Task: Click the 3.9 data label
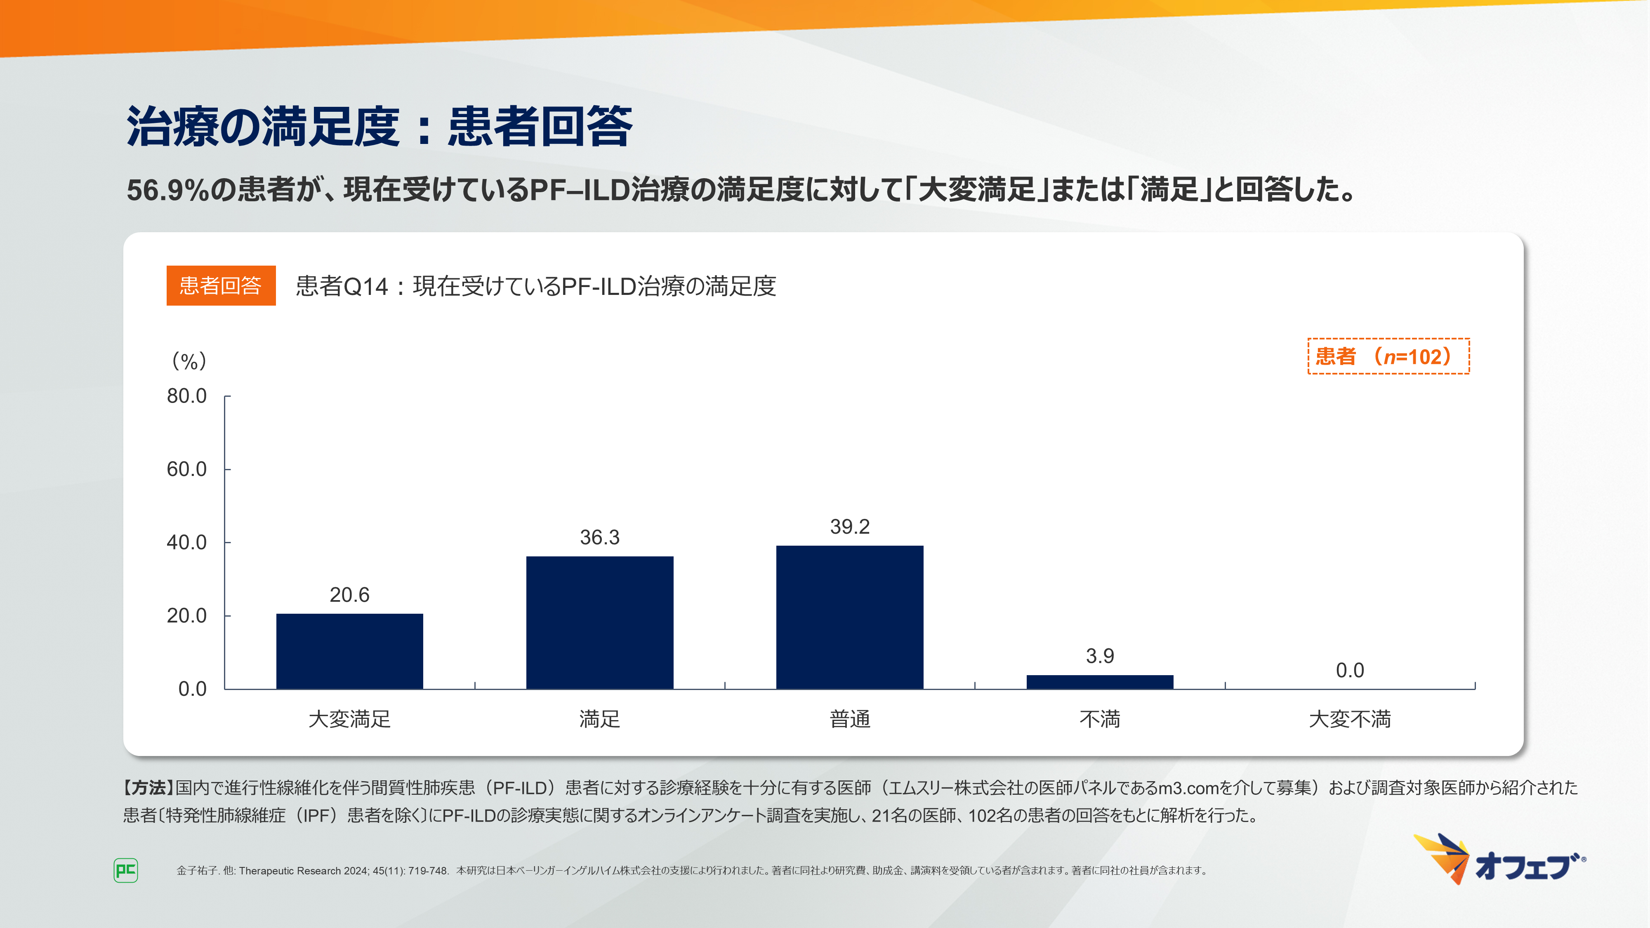tap(1100, 656)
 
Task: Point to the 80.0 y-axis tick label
tap(186, 396)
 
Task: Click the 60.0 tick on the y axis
tap(186, 469)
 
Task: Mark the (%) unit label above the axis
tap(189, 361)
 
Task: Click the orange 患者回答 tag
tap(221, 286)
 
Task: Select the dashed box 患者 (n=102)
tap(1388, 356)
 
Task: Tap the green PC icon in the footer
tap(125, 870)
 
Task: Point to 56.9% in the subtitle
tap(168, 190)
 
